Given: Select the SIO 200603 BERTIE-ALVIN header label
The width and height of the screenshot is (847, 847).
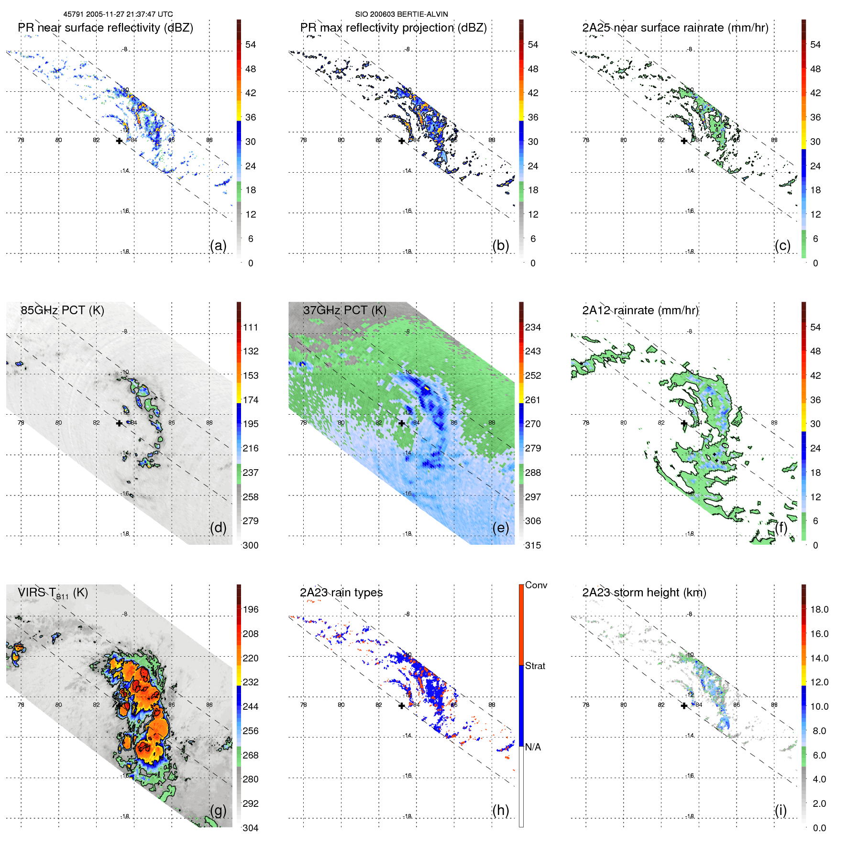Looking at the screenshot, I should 401,14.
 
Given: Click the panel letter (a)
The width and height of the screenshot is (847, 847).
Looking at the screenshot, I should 218,245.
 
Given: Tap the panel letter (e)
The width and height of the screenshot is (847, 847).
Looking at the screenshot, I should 500,528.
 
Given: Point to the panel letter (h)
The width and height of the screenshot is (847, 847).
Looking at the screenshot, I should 500,810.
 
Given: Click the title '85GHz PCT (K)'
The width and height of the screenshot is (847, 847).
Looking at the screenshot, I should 62,310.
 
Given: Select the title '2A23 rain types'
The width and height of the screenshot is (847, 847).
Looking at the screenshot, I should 341,593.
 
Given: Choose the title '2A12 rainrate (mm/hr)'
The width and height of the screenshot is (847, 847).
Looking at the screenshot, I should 640,310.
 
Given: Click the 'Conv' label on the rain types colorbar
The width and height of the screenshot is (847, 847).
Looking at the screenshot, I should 536,585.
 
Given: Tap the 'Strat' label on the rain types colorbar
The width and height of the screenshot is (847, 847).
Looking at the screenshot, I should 535,666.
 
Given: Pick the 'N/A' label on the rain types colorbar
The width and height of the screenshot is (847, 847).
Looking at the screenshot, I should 533,747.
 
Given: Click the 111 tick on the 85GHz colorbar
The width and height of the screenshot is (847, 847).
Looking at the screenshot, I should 251,327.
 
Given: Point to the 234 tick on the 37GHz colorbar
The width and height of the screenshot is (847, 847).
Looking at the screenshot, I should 533,327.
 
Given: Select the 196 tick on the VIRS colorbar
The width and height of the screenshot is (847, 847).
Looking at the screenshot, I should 251,609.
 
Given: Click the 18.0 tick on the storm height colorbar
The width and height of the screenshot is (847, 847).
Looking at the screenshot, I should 819,609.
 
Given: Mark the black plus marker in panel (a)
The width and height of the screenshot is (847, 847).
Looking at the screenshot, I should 119,141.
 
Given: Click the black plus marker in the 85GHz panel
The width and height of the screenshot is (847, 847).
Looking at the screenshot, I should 119,423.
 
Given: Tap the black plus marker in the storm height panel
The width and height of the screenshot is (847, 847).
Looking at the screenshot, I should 684,705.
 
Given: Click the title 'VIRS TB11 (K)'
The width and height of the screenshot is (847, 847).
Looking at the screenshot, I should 53,593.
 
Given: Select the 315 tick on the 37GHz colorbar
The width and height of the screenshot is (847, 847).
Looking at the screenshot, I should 533,545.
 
